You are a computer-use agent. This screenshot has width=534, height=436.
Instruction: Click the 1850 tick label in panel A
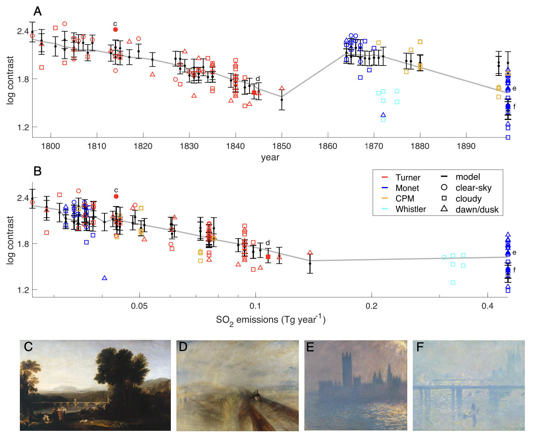coord(282,146)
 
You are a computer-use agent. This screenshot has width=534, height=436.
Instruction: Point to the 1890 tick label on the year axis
coord(466,146)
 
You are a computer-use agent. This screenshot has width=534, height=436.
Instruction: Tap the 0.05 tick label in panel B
coord(139,306)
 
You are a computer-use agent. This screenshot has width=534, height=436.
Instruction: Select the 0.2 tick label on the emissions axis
coord(371,306)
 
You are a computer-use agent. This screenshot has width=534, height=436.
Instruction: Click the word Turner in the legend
coord(408,177)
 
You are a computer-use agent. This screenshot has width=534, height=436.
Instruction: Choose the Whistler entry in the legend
coord(411,209)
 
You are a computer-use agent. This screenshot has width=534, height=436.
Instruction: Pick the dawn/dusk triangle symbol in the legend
coord(444,209)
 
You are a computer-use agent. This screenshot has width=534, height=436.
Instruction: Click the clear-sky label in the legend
coord(474,188)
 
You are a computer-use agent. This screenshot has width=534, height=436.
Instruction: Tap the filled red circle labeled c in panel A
coord(116,30)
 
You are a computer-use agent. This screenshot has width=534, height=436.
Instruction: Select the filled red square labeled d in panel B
coord(268,257)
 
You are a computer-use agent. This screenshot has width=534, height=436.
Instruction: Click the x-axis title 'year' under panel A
coord(270,157)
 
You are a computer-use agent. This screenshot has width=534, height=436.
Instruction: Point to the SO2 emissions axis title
coord(271,320)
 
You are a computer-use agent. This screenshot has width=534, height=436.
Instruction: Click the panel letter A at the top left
coord(37,12)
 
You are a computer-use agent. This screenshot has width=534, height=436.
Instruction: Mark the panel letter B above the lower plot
coord(37,171)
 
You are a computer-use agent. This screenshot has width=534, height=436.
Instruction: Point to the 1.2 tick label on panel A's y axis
coord(22,127)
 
